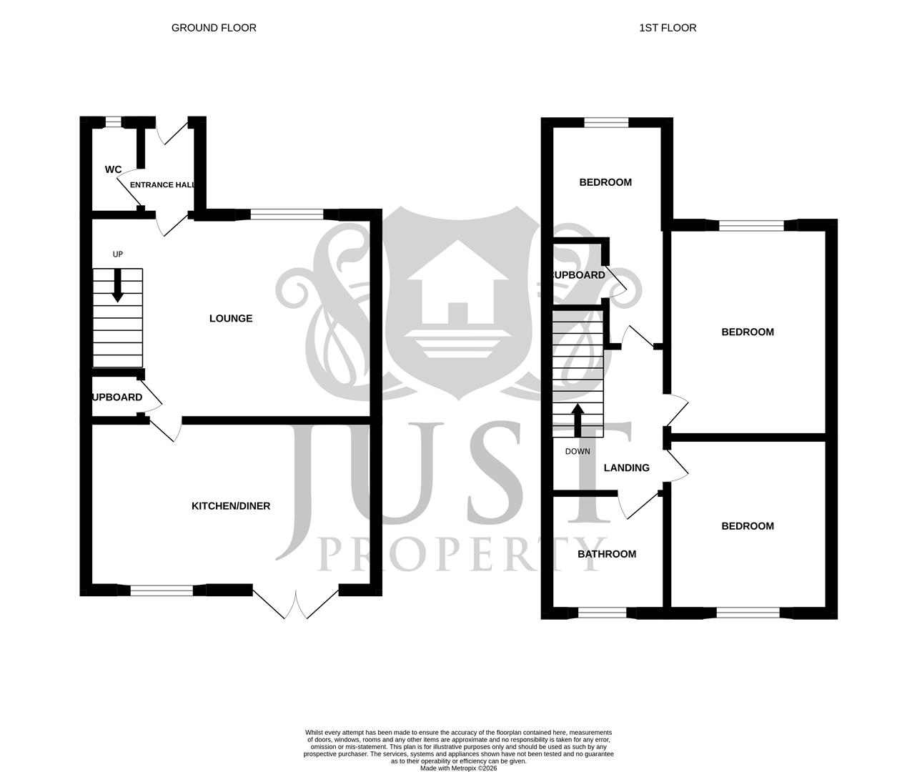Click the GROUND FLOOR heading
point(214,28)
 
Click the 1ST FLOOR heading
point(668,28)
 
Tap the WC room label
point(113,169)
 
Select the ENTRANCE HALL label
point(162,185)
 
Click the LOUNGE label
point(231,318)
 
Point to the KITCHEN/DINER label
point(231,506)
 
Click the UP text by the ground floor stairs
point(118,254)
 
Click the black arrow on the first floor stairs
point(578,420)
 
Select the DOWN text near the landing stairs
point(578,452)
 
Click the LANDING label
point(627,468)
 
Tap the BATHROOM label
point(607,554)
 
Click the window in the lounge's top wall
point(287,213)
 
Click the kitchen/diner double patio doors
point(295,603)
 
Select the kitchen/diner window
point(162,590)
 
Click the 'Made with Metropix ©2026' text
point(458,768)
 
